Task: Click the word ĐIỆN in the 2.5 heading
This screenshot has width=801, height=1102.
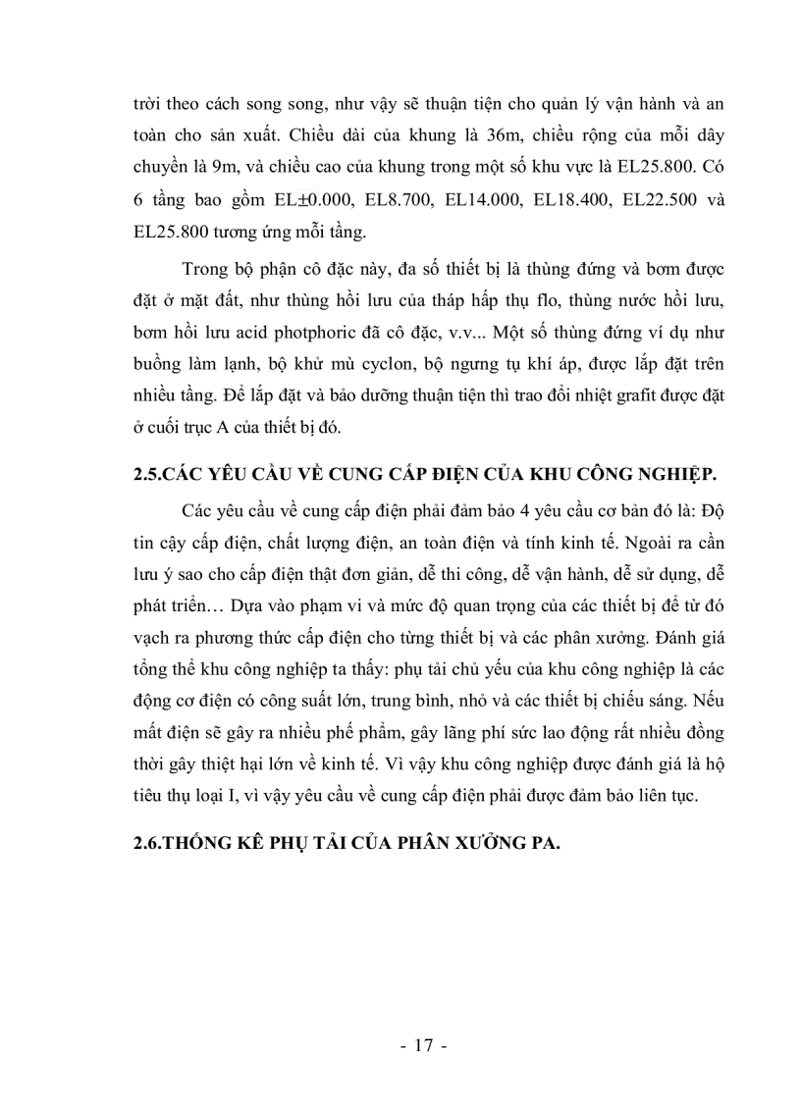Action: coord(422,475)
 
